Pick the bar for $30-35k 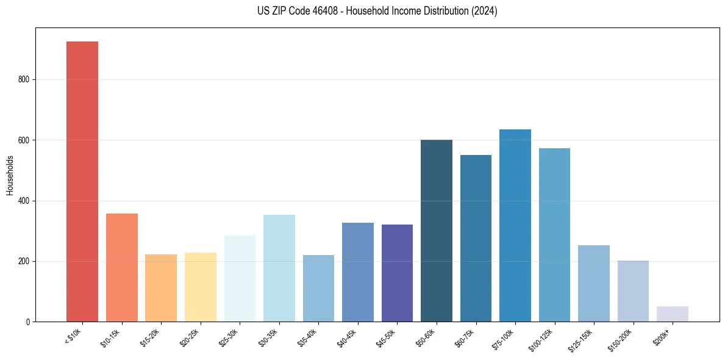279,268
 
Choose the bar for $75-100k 515,225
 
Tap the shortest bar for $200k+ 672,314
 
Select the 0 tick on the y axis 30,322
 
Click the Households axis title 10,175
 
